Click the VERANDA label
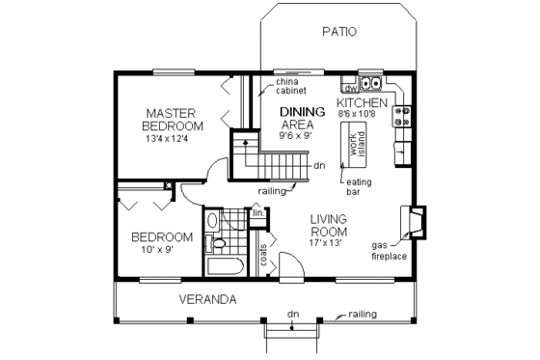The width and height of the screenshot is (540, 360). click(206, 299)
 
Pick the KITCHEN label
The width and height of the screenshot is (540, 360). click(362, 102)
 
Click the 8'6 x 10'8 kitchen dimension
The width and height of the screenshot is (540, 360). click(362, 114)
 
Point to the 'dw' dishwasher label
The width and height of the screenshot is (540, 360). click(351, 88)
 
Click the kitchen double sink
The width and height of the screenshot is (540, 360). click(370, 82)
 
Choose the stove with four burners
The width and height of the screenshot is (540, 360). click(402, 117)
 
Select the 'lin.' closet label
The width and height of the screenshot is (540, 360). click(257, 212)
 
